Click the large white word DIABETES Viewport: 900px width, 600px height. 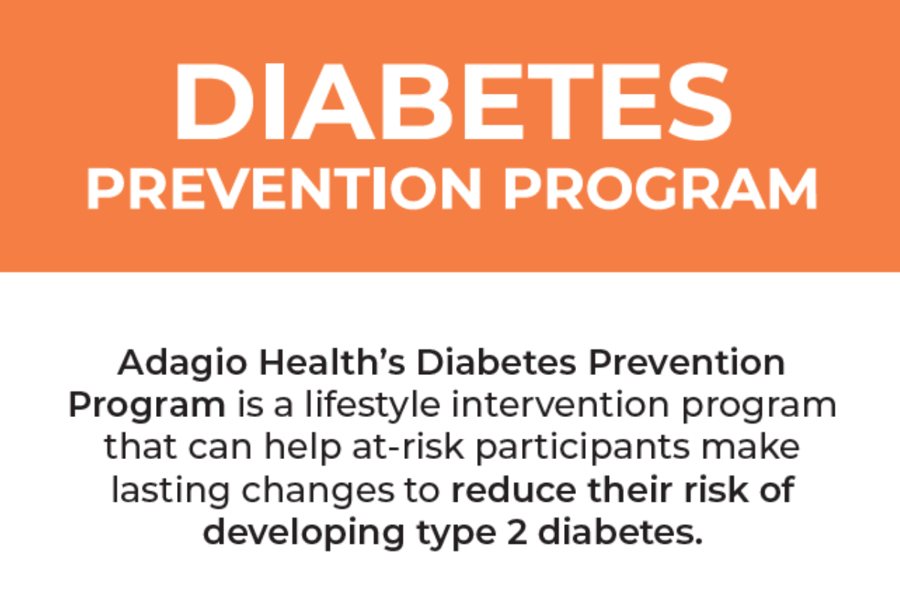click(452, 102)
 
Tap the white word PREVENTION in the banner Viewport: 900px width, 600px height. click(283, 189)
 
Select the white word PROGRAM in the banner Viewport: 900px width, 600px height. click(661, 189)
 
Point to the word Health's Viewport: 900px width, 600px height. click(332, 362)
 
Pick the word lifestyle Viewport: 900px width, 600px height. click(373, 406)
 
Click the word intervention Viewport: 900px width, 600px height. click(560, 404)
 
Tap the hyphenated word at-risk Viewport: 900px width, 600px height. click(408, 446)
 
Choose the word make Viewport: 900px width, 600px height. click(751, 446)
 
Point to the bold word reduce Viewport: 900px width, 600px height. click(514, 489)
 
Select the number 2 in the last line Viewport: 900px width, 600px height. click(517, 532)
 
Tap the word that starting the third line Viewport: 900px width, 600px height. click(141, 446)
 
